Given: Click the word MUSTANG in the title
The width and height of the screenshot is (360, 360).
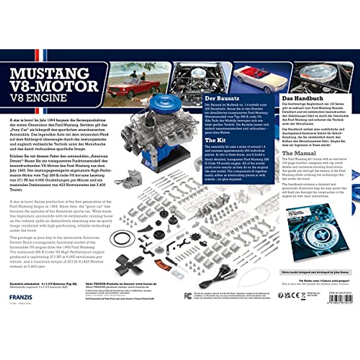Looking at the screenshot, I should [50, 73].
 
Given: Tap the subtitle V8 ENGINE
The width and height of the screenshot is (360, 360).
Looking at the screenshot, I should [38, 98].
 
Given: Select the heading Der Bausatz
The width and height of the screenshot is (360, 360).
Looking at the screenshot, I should [222, 98].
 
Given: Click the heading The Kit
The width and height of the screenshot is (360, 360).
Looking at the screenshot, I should [215, 140].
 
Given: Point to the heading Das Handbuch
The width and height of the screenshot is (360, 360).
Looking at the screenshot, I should [302, 98].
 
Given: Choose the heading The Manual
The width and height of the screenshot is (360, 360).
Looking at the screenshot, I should [299, 153].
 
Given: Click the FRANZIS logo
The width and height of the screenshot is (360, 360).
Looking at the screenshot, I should [21, 297].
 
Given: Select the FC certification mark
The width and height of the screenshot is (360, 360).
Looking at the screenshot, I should [188, 296].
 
